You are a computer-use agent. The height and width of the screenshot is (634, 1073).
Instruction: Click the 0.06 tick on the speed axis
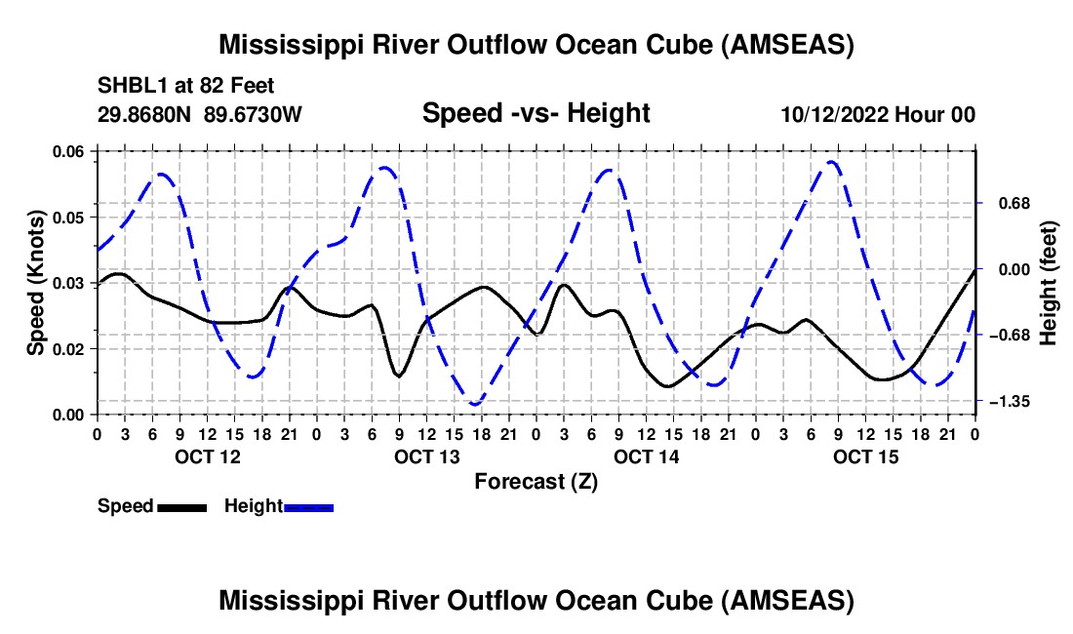71,150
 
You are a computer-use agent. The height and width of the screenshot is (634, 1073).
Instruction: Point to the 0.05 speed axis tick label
71,217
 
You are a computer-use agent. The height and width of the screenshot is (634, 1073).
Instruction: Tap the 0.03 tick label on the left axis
71,283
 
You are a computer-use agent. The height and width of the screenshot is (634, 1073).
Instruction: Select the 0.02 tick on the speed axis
71,349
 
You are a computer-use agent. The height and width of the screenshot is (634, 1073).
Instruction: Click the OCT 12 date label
207,456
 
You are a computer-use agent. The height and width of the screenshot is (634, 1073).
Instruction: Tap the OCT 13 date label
426,456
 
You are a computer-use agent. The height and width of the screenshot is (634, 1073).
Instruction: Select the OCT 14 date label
646,456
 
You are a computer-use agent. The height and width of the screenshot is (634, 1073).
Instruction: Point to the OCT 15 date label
866,456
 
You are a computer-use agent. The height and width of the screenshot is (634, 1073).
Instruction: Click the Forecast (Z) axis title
536,481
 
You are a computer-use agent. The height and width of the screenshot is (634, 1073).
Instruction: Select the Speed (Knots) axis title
36,283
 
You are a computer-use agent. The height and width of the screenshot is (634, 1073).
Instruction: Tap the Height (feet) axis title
1049,283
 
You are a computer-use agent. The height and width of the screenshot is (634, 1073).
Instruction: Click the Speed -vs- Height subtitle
536,113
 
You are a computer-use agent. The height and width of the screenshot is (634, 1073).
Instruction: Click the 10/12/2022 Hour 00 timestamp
878,115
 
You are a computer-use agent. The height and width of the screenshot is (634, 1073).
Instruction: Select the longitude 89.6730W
254,115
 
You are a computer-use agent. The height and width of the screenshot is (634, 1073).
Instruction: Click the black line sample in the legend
181,506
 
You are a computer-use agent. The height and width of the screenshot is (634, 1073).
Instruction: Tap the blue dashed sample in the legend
309,506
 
